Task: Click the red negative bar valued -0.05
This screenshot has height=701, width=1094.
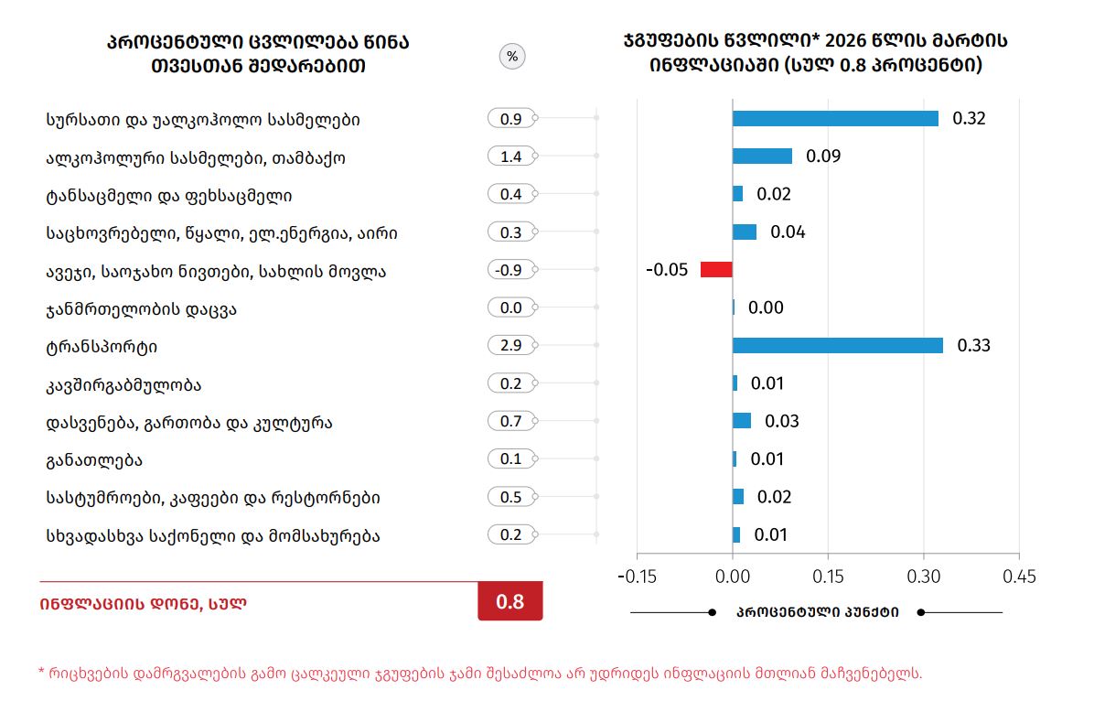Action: coord(716,269)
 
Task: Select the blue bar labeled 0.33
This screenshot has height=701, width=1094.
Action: coord(837,345)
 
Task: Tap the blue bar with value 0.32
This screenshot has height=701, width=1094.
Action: coord(835,118)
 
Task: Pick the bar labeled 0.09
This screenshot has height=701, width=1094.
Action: coord(762,156)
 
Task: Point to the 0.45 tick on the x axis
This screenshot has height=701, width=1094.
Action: coord(1018,577)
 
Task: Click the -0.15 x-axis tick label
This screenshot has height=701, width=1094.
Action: coord(637,577)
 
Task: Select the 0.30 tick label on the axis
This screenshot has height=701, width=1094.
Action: coord(923,577)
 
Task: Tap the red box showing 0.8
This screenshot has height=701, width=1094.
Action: coord(509,601)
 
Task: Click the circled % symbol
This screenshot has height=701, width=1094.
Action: coord(512,57)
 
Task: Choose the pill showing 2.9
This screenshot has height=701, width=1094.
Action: coord(511,346)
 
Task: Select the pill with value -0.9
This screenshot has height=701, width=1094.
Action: coord(511,270)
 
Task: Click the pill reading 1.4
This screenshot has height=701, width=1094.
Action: coord(511,156)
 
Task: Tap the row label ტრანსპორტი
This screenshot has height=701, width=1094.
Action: coord(102,348)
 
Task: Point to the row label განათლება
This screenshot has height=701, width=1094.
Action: coord(93,459)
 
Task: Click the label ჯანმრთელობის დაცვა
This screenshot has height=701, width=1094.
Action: coord(141,309)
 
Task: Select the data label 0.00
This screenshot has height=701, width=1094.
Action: coord(766,307)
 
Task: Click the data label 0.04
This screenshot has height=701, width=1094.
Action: coord(788,232)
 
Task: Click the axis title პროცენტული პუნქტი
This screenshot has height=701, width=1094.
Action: coord(817,612)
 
